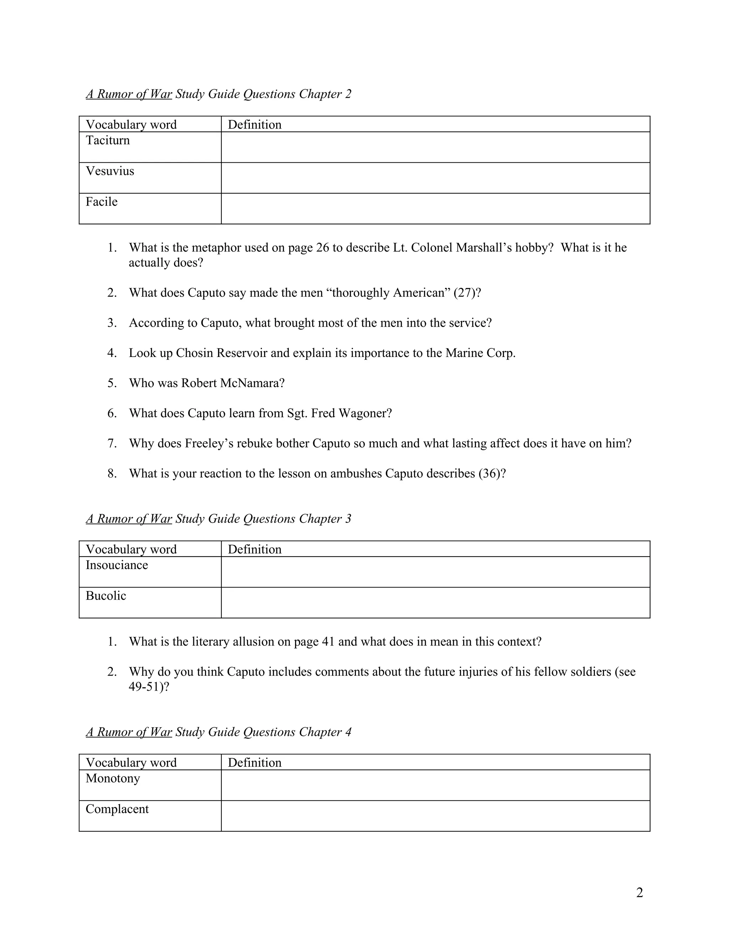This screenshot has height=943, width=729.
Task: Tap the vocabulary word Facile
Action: click(x=101, y=202)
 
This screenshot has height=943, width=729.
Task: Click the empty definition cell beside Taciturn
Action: click(x=435, y=147)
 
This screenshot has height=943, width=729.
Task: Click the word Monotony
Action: click(x=113, y=779)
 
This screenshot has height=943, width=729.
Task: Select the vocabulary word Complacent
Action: click(x=117, y=809)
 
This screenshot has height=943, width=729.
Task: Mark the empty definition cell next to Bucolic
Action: click(x=435, y=603)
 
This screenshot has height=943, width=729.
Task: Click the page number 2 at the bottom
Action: click(x=640, y=892)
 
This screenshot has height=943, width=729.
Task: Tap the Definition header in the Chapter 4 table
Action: click(x=255, y=763)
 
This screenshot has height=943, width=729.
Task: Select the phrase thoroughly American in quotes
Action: click(x=390, y=293)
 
